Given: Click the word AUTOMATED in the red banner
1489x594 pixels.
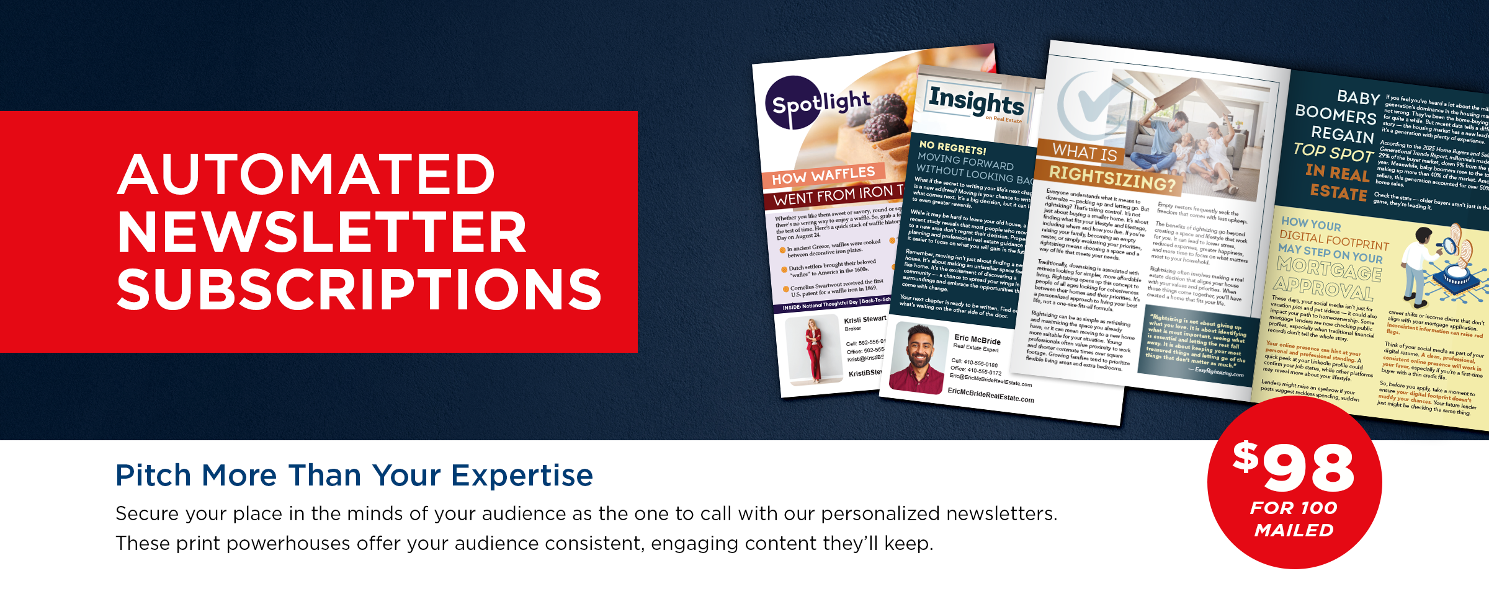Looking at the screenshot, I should coord(306,175).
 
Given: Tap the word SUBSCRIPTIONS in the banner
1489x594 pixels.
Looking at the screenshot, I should coord(359,290).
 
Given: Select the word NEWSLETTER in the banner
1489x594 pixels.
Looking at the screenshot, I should coord(322,233).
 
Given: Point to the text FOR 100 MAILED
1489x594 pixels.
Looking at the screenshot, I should coord(1294,519).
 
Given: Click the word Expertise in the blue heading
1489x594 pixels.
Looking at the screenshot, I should coord(522,476).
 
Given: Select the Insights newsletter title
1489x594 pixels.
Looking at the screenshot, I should coord(976,100).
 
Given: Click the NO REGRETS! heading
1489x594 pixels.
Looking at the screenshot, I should coord(952,148).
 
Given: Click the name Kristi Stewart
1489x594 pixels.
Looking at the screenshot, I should coord(864,319).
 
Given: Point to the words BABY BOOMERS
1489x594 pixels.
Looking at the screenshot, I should coord(1340,107).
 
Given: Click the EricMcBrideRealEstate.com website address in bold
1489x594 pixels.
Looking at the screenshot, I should coord(991,395).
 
